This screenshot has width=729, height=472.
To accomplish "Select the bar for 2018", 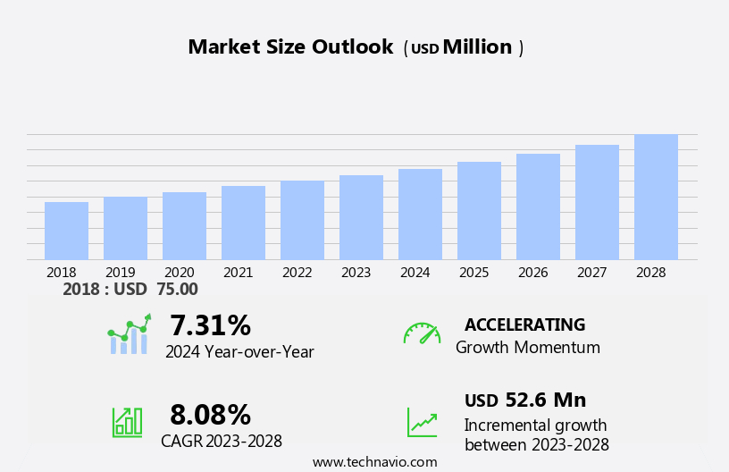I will (66, 231).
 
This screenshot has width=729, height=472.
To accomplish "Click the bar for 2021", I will (243, 223).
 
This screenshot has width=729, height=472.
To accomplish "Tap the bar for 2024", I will (420, 215).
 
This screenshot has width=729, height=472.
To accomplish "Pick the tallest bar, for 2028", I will (656, 197).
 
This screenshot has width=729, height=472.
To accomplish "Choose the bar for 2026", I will (538, 206).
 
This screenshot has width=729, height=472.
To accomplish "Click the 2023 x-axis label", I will (356, 273).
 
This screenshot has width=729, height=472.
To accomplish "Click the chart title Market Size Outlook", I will (290, 47).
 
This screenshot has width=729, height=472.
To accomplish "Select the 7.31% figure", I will (210, 325).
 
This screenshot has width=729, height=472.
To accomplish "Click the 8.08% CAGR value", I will (210, 415).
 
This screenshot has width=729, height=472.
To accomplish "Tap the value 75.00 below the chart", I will (177, 289).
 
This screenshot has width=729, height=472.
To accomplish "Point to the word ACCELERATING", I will (524, 324).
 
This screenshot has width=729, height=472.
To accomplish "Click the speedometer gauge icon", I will (422, 333).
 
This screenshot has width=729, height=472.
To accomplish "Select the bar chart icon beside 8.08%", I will (127, 421).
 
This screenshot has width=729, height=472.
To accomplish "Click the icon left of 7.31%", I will (129, 334).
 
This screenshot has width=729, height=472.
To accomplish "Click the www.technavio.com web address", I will (374, 462).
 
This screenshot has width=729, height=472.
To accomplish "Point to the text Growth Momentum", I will (527, 348).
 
